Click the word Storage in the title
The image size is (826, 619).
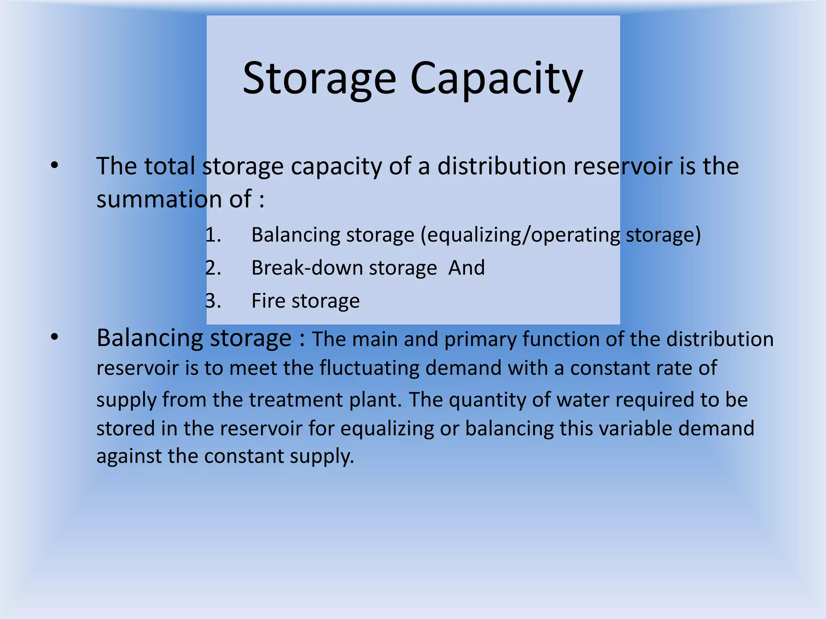[319, 79]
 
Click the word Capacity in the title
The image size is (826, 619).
[496, 79]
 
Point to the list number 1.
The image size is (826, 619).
[213, 235]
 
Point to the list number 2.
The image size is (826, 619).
[213, 268]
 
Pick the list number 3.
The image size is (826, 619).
[213, 301]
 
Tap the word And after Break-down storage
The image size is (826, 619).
[467, 268]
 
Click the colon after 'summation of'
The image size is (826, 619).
[262, 200]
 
